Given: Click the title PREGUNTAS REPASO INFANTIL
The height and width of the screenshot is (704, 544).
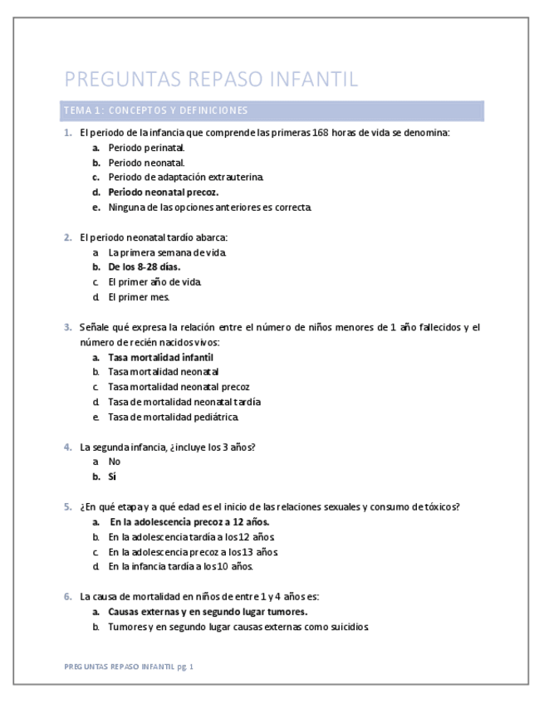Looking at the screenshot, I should [x=211, y=80].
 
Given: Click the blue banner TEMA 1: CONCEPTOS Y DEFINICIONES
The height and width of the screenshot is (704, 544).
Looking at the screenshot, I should [x=154, y=110].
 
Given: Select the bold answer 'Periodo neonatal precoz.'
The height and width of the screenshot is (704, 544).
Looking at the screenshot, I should [x=163, y=192].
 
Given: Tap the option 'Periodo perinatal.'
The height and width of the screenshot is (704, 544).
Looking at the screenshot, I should [x=146, y=147].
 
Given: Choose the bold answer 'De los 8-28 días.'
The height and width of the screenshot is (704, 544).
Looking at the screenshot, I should [x=144, y=266].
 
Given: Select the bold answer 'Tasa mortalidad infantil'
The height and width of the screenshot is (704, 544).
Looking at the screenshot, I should [x=154, y=357].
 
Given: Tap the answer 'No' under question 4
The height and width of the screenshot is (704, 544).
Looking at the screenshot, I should [x=115, y=461].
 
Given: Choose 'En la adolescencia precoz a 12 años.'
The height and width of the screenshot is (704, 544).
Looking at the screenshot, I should [x=189, y=521].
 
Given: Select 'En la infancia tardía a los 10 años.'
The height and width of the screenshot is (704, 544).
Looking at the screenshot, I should [x=180, y=566].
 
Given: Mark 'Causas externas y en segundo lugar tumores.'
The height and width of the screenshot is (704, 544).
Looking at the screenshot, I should [x=208, y=611].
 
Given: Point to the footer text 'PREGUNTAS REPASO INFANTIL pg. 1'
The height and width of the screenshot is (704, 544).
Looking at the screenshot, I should [x=129, y=666].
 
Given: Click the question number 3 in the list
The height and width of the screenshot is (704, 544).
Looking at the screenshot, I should [x=68, y=327].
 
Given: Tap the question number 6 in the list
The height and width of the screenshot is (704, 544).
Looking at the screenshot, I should [x=68, y=596].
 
